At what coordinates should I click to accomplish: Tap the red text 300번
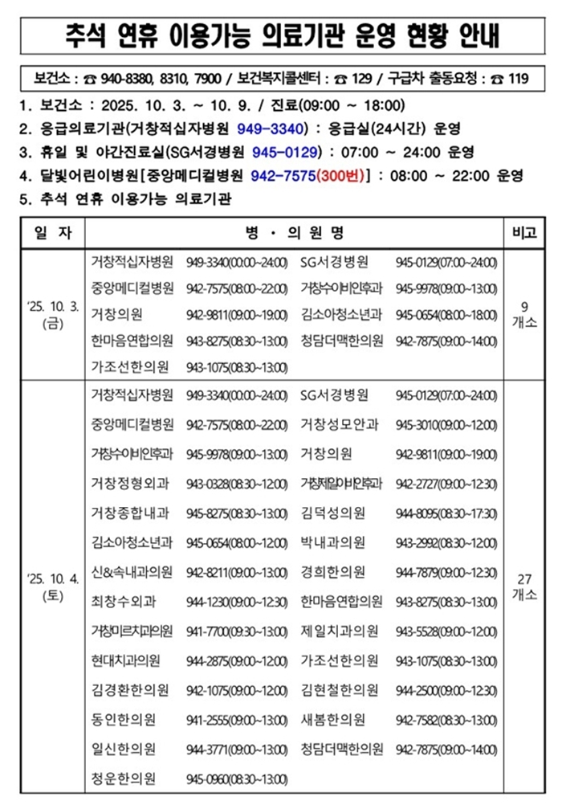pyautogui.click(x=340, y=176)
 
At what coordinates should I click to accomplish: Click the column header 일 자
pyautogui.click(x=53, y=233)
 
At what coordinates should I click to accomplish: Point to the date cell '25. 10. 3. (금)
pyautogui.click(x=53, y=315)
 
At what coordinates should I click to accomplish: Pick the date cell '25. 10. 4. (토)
pyautogui.click(x=53, y=586)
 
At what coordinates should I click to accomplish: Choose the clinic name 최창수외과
pyautogui.click(x=124, y=601)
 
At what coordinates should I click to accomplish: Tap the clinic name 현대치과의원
pyautogui.click(x=126, y=660)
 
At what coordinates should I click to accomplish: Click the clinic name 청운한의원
pyautogui.click(x=124, y=778)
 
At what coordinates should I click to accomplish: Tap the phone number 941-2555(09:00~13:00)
pyautogui.click(x=236, y=719)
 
